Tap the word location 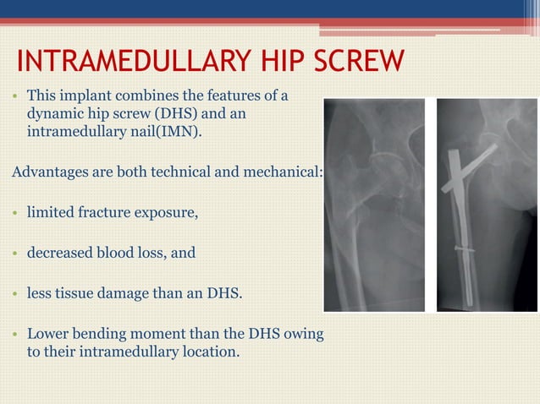[207, 352]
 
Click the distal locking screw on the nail [465, 249]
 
